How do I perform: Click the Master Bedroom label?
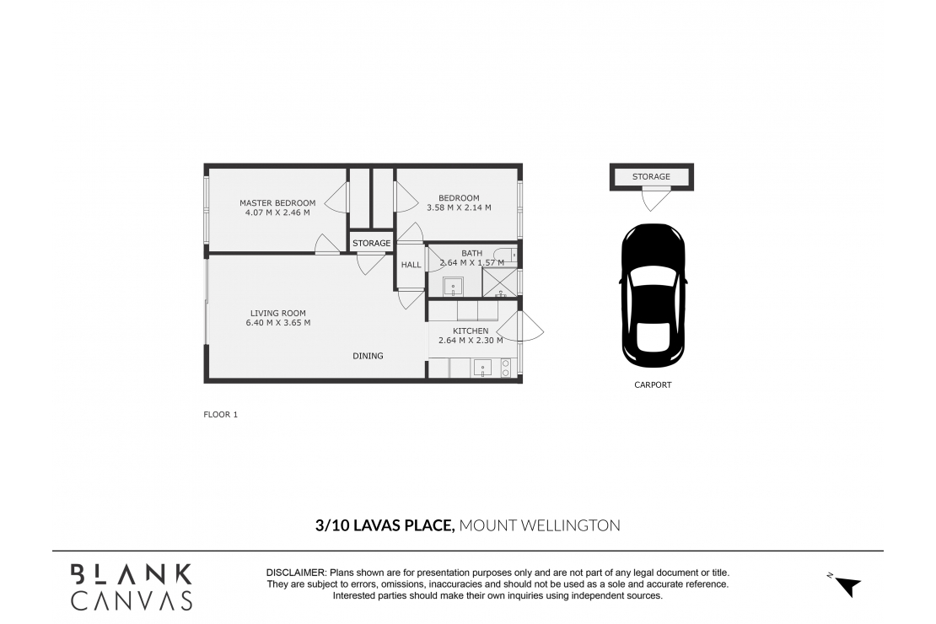[277, 203]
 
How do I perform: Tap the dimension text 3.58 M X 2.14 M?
[459, 207]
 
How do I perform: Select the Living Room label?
[278, 313]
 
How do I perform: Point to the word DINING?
[368, 356]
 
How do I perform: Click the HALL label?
[411, 265]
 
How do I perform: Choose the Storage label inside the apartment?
[371, 243]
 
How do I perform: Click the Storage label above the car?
[651, 177]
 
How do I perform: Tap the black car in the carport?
[653, 296]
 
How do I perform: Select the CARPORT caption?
[653, 385]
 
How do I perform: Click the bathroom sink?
[454, 286]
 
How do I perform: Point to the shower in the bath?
[500, 282]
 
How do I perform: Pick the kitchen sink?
[482, 368]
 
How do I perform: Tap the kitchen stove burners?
[506, 368]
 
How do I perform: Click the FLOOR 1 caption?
[221, 414]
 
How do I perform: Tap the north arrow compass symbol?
[845, 585]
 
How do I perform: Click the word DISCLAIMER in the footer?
[296, 573]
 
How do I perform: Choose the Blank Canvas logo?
[132, 588]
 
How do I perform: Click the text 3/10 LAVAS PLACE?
[385, 525]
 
